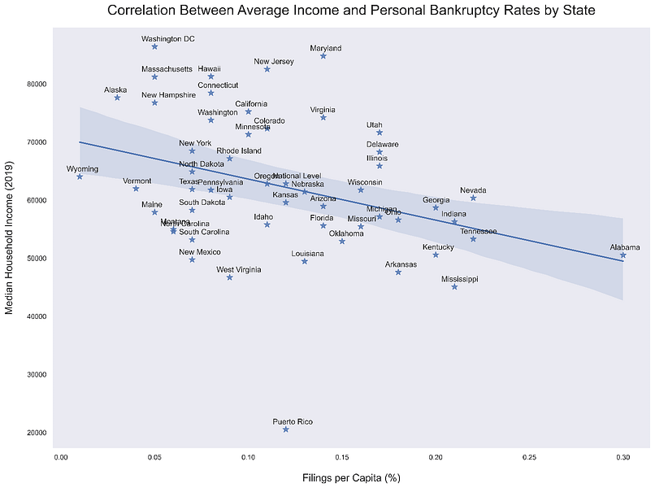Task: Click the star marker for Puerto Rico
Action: [x=286, y=429]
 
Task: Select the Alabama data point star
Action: [x=623, y=255]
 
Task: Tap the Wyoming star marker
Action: [x=80, y=176]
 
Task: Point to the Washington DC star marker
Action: [x=154, y=47]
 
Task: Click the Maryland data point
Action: [x=323, y=56]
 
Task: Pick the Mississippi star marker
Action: [x=455, y=287]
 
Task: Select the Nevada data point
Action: [x=474, y=198]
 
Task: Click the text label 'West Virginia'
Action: [x=238, y=269]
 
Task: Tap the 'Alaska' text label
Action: [x=115, y=89]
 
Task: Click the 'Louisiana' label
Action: [x=308, y=254]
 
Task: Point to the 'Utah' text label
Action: [x=374, y=124]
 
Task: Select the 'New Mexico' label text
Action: [x=199, y=252]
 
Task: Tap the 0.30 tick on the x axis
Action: [x=623, y=458]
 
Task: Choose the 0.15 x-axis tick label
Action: [x=342, y=458]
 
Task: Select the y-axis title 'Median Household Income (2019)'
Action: [x=10, y=236]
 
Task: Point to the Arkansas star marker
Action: [x=398, y=272]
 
